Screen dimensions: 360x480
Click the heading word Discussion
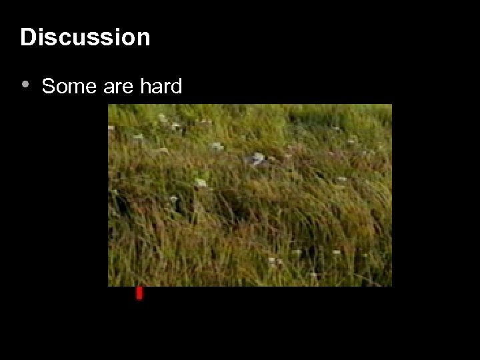85,37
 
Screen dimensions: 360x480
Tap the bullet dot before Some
25,85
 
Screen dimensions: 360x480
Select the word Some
63,87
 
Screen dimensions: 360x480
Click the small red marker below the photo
139,293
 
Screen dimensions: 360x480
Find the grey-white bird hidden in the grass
255,159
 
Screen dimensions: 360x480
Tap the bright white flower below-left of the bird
201,183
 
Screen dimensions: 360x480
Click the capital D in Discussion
27,37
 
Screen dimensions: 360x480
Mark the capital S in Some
47,87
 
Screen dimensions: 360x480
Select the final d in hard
176,87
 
